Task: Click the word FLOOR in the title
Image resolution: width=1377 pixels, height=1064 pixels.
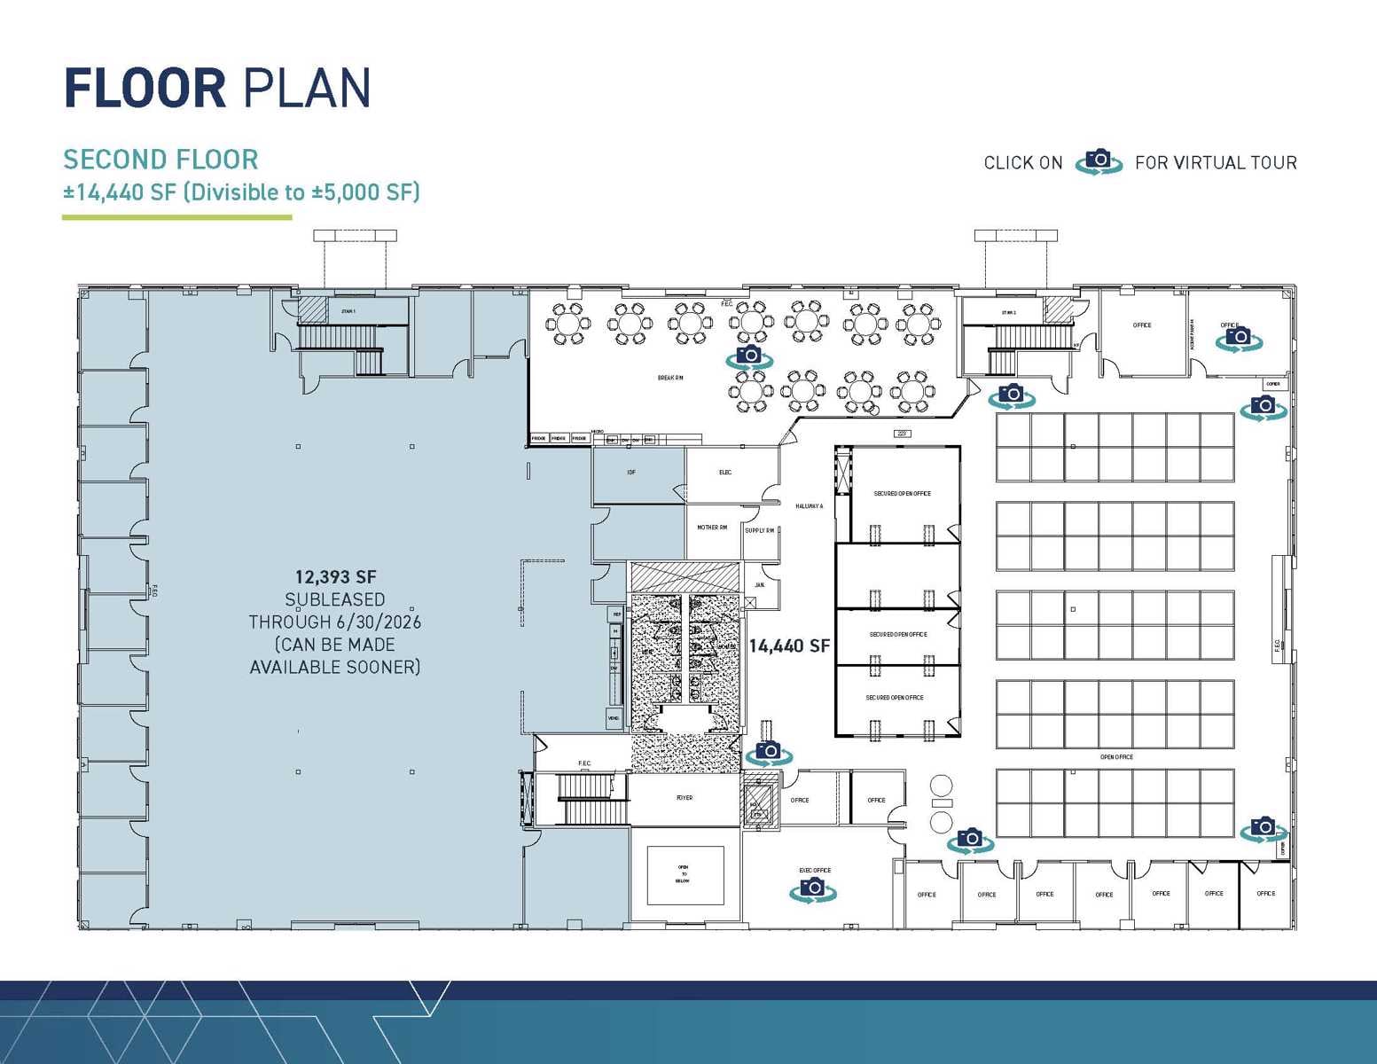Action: [x=145, y=89]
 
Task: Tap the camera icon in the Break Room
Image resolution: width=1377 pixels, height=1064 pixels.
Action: [x=749, y=356]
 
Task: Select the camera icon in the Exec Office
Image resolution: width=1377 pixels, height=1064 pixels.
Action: [x=812, y=889]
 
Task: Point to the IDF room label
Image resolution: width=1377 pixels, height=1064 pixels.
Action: [x=631, y=473]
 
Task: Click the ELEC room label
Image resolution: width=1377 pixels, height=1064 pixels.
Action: [x=725, y=473]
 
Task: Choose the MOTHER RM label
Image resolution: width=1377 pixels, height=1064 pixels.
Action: [x=712, y=528]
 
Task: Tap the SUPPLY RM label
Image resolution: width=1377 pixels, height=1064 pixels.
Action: [x=760, y=530]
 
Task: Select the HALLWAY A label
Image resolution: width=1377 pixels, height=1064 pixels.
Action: [x=809, y=506]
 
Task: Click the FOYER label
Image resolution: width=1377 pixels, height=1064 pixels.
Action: [x=685, y=798]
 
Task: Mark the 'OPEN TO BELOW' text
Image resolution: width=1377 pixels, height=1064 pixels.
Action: [x=684, y=874]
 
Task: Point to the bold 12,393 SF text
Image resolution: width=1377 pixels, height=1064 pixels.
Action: [x=335, y=577]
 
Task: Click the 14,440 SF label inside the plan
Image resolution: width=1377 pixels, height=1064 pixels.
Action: [x=789, y=646]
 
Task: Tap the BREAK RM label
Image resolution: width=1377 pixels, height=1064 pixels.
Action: [x=669, y=378]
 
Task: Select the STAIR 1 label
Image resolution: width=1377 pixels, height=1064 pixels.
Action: [x=348, y=311]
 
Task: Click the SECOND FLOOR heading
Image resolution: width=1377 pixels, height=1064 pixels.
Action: [x=160, y=160]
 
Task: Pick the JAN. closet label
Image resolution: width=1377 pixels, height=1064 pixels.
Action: [x=760, y=585]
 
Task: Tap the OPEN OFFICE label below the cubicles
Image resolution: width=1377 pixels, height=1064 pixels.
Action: [x=1116, y=757]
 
